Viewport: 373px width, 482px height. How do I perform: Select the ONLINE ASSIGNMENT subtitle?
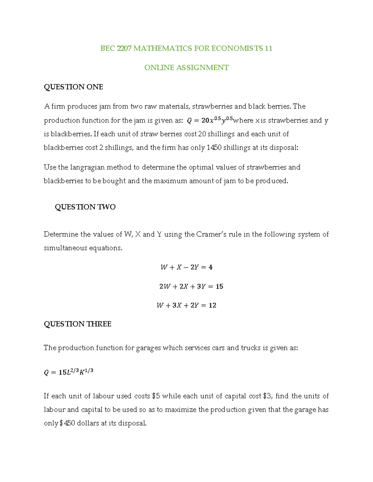[x=186, y=68]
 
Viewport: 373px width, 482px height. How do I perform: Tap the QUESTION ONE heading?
[x=73, y=87]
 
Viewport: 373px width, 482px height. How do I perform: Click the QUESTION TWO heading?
[x=85, y=207]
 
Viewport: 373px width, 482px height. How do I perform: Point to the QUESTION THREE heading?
[x=77, y=324]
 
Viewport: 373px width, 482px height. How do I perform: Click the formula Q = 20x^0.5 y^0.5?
[x=210, y=120]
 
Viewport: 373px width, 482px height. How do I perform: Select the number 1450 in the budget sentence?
[x=214, y=147]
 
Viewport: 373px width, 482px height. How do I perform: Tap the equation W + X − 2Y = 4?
[x=186, y=267]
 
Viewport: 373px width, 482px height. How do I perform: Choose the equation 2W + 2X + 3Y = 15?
[x=191, y=286]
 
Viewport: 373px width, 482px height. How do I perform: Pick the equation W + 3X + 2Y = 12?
[x=186, y=305]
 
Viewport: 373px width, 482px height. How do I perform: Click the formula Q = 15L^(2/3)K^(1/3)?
[x=69, y=372]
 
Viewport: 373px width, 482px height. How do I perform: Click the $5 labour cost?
[x=156, y=396]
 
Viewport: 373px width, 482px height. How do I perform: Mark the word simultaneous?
[x=65, y=248]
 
